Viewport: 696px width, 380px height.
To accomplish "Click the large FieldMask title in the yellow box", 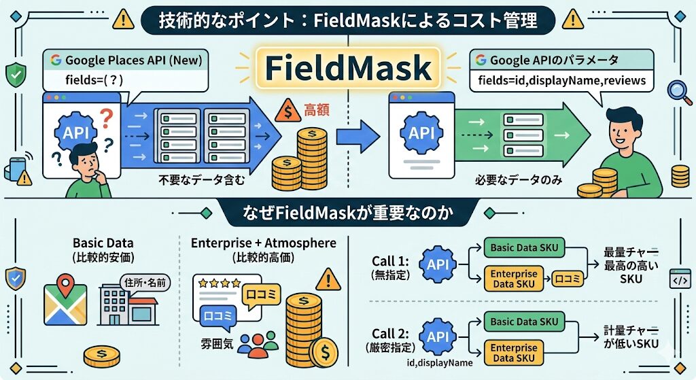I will coord(347,68).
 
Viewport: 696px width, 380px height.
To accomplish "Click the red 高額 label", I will coord(317,109).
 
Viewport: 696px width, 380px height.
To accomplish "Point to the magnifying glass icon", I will coord(676,91).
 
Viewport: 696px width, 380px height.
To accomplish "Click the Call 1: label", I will coord(391,260).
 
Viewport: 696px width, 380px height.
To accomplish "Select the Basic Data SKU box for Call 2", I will coord(524,321).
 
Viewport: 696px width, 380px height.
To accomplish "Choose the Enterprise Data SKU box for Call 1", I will coord(515,279).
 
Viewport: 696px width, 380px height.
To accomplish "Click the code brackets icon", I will coord(680,279).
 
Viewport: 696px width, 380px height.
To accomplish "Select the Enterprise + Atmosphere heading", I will coord(263,243).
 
